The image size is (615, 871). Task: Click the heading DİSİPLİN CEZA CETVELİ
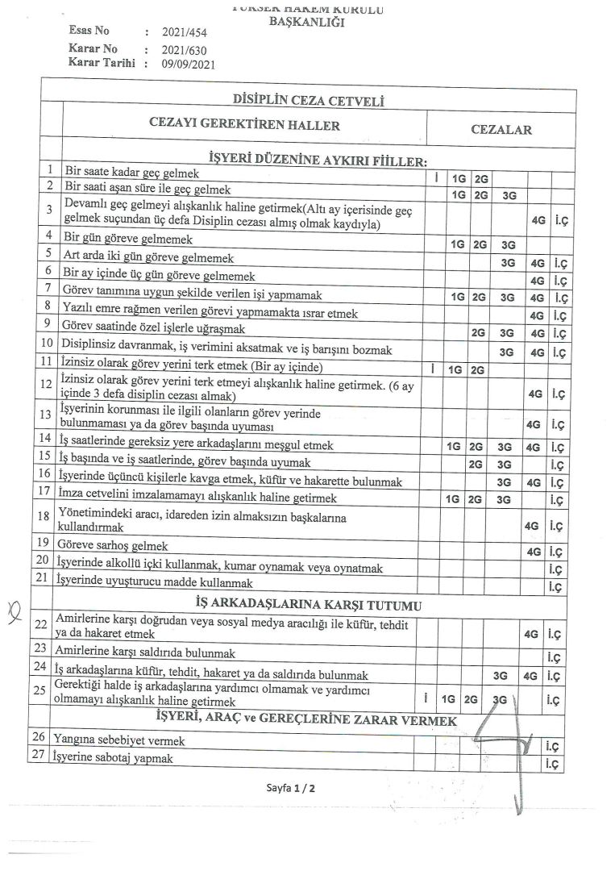307,102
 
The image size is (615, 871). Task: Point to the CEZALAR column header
501,129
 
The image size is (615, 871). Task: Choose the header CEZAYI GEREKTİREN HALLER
245,125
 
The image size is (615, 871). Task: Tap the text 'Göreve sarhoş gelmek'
112,545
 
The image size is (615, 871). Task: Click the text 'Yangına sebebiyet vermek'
118,740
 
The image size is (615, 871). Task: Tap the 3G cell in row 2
509,194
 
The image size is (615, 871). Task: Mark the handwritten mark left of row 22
34,622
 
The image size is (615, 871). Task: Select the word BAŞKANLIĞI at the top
306,23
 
